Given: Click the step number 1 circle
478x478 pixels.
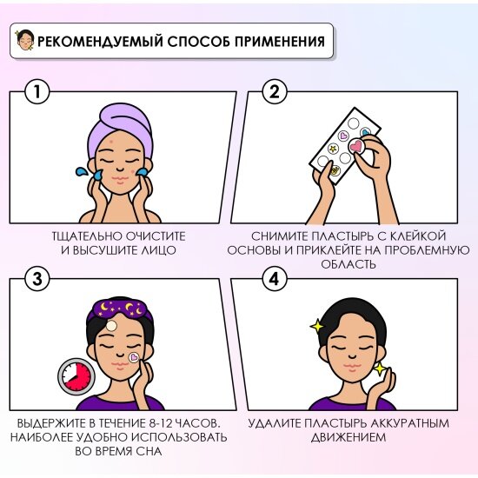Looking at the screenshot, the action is click(37, 92).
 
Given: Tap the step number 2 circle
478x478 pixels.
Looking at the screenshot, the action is click(275, 92).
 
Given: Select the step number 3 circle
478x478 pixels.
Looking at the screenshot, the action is click(37, 279).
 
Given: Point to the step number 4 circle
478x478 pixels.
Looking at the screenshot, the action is click(275, 279).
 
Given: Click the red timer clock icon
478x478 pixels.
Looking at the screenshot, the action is click(76, 376).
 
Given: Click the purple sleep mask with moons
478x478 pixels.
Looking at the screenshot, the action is click(120, 309).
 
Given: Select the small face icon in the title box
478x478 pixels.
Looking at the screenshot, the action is click(25, 40).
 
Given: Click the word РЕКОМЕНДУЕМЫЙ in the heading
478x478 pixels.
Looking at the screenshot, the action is click(100, 42).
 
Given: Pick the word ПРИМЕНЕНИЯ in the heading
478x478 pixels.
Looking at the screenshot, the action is click(280, 42).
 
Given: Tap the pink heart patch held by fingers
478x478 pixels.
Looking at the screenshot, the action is click(356, 146).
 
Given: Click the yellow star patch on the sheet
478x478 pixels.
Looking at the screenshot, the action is click(333, 149).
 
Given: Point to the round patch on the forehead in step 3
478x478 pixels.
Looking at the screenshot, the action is click(111, 326).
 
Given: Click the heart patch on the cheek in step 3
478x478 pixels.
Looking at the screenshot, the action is click(134, 357).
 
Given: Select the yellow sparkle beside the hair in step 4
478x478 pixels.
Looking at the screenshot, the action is click(317, 326).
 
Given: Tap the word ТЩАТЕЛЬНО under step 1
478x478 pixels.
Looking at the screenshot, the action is click(88, 236).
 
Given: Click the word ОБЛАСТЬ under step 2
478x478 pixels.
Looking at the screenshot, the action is click(349, 264).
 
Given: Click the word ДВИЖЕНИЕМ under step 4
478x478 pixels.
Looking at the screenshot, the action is click(349, 437).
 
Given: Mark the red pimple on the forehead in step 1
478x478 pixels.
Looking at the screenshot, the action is click(110, 142).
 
